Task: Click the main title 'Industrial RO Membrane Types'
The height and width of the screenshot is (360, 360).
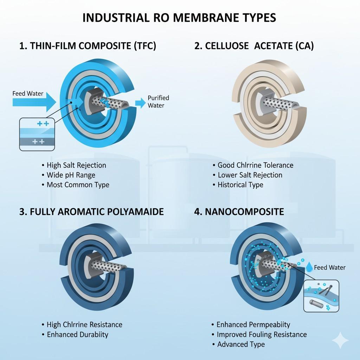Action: click(x=179, y=18)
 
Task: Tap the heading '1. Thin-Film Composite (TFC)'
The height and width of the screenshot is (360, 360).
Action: click(x=88, y=46)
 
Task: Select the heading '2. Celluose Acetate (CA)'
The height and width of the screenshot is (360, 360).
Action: click(x=254, y=46)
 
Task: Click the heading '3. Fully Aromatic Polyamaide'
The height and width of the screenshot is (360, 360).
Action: click(x=91, y=211)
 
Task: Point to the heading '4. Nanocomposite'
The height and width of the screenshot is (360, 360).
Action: click(x=239, y=211)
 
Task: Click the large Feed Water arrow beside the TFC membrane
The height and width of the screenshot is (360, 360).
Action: click(x=34, y=102)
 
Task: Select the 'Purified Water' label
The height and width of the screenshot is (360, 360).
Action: click(x=158, y=102)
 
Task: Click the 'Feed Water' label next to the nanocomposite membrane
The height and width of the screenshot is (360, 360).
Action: click(x=329, y=268)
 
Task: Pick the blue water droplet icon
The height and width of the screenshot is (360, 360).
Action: click(x=309, y=267)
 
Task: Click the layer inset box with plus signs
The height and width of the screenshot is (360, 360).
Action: click(x=37, y=134)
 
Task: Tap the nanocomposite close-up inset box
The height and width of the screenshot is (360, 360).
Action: click(x=321, y=296)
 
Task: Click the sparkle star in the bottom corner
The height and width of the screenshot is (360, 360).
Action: click(x=341, y=340)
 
